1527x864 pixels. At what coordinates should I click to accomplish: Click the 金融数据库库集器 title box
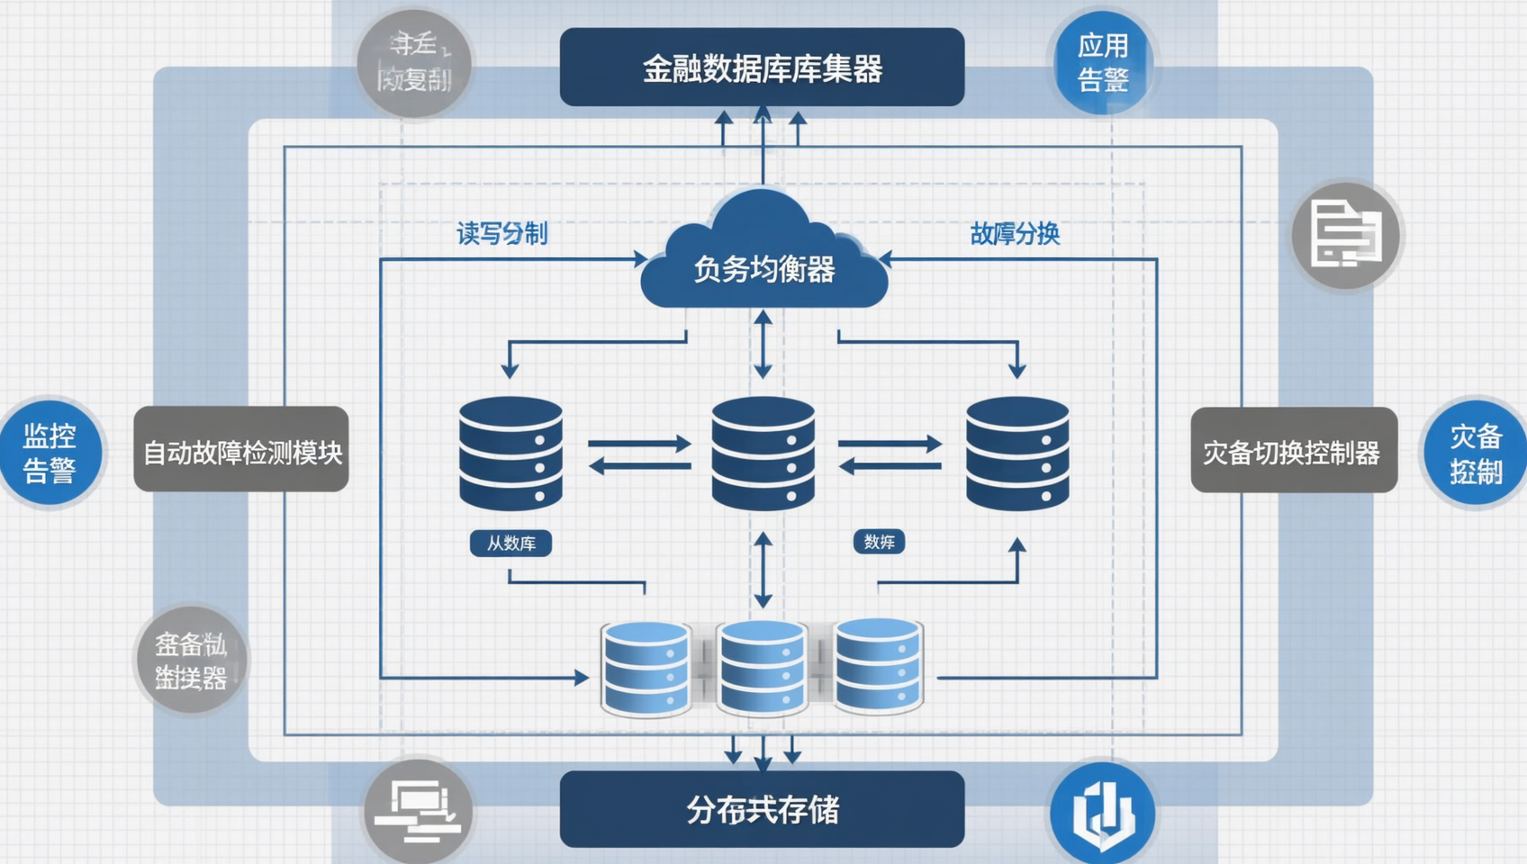[x=762, y=67]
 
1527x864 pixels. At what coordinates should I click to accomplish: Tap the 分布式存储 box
[x=762, y=809]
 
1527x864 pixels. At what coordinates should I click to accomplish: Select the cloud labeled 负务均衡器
[x=763, y=261]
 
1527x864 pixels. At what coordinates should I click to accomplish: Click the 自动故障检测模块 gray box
[x=241, y=449]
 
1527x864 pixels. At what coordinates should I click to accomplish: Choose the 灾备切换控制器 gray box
[x=1294, y=450]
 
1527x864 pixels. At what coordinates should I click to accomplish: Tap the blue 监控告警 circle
[x=50, y=453]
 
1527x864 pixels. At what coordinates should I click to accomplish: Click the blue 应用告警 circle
[x=1102, y=62]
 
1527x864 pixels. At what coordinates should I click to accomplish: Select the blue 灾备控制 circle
[x=1475, y=453]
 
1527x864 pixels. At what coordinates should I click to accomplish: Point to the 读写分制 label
[x=501, y=234]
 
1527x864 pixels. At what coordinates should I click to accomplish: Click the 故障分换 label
[x=1015, y=234]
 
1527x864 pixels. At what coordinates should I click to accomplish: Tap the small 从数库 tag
[x=511, y=543]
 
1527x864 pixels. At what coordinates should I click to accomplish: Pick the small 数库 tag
[x=879, y=542]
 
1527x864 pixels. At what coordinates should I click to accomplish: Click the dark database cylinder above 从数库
[x=511, y=453]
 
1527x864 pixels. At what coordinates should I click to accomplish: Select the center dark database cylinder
[x=763, y=453]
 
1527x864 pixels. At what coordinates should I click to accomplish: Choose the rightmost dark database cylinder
[x=1017, y=453]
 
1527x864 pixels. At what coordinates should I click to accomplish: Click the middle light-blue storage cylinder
[x=763, y=667]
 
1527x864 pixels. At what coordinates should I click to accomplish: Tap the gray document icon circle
[x=1346, y=236]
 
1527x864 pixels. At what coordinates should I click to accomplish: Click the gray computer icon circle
[x=418, y=809]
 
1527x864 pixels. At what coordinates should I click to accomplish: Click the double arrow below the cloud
[x=763, y=344]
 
